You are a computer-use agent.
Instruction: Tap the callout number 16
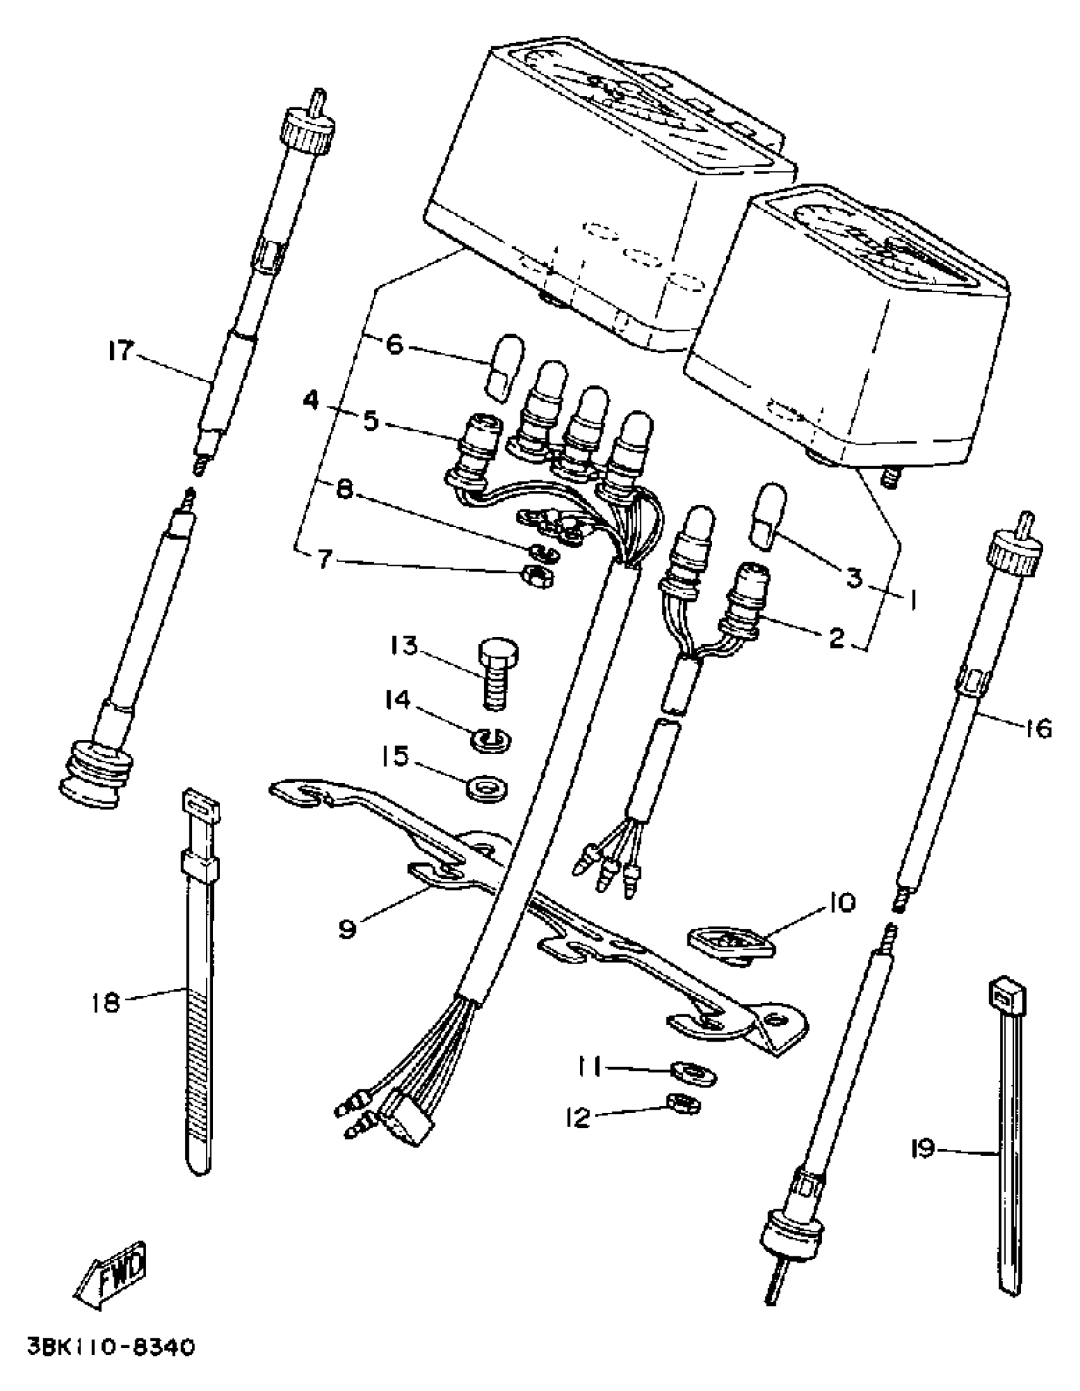coord(1038,728)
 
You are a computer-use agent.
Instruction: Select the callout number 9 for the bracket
coord(347,929)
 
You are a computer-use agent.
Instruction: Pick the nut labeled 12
coord(682,1105)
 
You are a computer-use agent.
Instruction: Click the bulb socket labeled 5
coord(475,441)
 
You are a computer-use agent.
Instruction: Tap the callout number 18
coord(105,1003)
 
